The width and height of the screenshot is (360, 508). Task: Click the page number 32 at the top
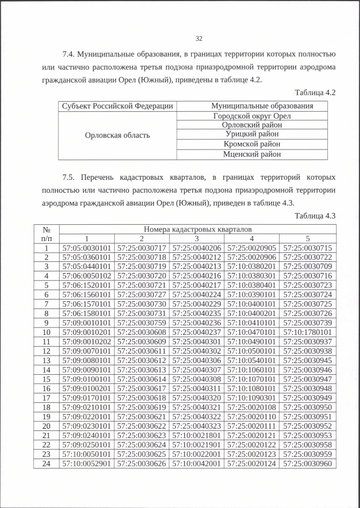pyautogui.click(x=199, y=38)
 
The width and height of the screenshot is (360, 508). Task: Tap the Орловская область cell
pyautogui.click(x=118, y=135)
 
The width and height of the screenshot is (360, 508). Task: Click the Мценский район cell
pyautogui.click(x=252, y=154)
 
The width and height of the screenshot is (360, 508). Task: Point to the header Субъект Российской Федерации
pyautogui.click(x=118, y=106)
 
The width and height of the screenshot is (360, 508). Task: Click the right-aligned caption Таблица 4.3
pyautogui.click(x=315, y=216)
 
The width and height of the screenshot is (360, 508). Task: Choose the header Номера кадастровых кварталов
pyautogui.click(x=197, y=229)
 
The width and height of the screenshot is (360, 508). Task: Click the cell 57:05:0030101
pyautogui.click(x=87, y=248)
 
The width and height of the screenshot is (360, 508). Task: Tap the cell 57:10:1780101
pyautogui.click(x=308, y=332)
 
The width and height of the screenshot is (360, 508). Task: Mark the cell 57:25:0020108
pyautogui.click(x=253, y=407)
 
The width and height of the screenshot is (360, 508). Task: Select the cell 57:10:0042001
pyautogui.click(x=197, y=463)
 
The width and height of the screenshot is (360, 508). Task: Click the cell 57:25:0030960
pyautogui.click(x=308, y=463)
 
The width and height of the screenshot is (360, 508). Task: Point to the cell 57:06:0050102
pyautogui.click(x=87, y=276)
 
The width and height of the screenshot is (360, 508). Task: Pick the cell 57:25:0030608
pyautogui.click(x=142, y=332)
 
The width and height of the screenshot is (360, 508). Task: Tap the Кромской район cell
pyautogui.click(x=252, y=144)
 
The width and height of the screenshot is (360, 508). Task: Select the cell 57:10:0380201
pyautogui.click(x=253, y=266)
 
